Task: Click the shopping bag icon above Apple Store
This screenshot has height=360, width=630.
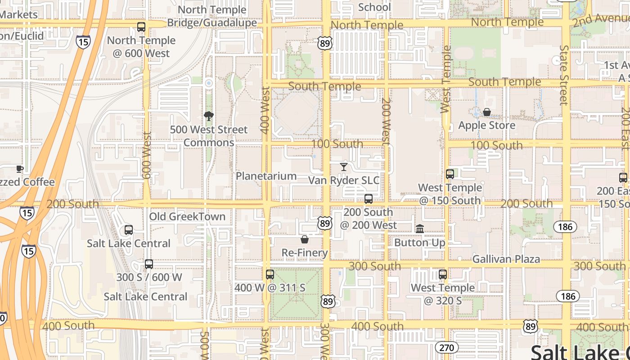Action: coord(486,112)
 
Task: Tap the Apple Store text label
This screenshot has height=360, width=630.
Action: coord(486,125)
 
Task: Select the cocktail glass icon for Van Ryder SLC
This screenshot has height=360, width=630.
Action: coord(344,167)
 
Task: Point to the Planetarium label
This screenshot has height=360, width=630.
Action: coord(266,176)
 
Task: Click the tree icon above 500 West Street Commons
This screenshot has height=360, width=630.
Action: coord(208,117)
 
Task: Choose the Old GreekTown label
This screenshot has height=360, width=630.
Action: coord(187,216)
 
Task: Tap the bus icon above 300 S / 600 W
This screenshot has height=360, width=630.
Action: coord(149,264)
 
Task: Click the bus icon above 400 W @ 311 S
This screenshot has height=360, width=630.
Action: coord(270,274)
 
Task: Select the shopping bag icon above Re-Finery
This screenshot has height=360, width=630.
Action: coord(305,239)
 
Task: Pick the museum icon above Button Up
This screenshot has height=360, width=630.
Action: coord(420,229)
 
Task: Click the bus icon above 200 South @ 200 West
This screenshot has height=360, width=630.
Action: coord(369,198)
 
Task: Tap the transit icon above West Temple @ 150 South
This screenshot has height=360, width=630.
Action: coord(450,174)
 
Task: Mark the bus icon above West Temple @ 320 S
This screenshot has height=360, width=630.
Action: coord(443,274)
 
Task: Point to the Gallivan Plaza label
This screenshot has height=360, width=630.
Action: coord(506,259)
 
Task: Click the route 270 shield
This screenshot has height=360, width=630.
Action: coord(446,347)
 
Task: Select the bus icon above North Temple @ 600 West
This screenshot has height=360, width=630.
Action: coord(141,27)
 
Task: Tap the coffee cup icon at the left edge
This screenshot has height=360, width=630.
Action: coord(19,169)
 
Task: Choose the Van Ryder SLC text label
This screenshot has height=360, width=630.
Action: coord(344,180)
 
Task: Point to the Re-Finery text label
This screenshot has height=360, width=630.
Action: coord(305,253)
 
